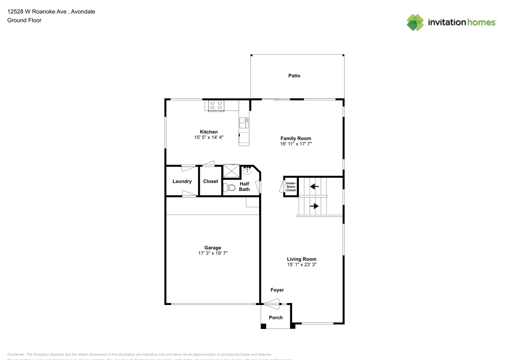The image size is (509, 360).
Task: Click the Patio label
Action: pyautogui.click(x=294, y=76)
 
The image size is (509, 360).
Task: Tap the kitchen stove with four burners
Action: pyautogui.click(x=216, y=106)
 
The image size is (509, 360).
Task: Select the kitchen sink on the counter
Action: pyautogui.click(x=244, y=122)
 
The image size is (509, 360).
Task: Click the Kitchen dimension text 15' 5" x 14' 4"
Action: pyautogui.click(x=209, y=137)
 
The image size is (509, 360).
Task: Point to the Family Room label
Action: pyautogui.click(x=296, y=139)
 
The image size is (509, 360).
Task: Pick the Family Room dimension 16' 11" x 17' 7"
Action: pyautogui.click(x=296, y=144)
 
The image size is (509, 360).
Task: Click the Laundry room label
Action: pyautogui.click(x=182, y=181)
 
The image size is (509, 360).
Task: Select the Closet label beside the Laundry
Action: pyautogui.click(x=210, y=181)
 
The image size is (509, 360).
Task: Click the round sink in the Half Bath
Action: pyautogui.click(x=247, y=172)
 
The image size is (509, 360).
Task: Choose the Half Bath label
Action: pyautogui.click(x=244, y=187)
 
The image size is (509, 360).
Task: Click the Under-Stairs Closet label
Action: pyautogui.click(x=291, y=186)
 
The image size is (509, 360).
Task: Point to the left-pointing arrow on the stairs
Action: pyautogui.click(x=315, y=186)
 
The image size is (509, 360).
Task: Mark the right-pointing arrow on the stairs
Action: pyautogui.click(x=315, y=206)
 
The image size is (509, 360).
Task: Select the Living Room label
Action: pyautogui.click(x=302, y=259)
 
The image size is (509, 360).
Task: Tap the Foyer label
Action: pyautogui.click(x=277, y=290)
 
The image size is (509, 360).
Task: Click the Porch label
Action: pyautogui.click(x=275, y=318)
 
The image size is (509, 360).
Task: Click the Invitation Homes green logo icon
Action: pyautogui.click(x=415, y=22)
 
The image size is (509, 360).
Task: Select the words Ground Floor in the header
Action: pyautogui.click(x=24, y=20)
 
